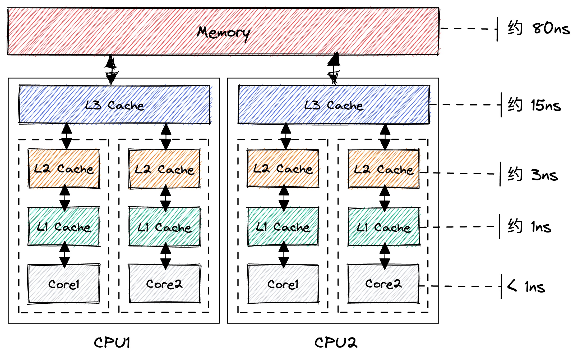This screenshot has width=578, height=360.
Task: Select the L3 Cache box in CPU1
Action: coord(114,105)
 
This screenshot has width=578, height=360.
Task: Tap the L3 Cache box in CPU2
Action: coord(334,105)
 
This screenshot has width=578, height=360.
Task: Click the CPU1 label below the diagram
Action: coord(112,343)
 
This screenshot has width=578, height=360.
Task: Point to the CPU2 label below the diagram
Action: coord(336,343)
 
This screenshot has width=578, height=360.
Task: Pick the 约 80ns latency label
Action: coord(539,28)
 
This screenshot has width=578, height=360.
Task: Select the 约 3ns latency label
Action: coord(533,175)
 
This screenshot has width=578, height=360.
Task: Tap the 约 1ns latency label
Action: coord(530,227)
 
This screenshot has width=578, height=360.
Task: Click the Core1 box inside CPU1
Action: coord(64,284)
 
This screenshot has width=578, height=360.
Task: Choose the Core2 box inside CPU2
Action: coord(383,284)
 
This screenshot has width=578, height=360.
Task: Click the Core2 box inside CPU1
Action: coord(164,284)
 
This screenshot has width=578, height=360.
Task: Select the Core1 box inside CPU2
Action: coord(283,284)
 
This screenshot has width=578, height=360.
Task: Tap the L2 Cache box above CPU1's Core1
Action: coord(64,169)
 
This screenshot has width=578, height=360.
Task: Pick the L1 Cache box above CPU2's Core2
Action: coord(384,227)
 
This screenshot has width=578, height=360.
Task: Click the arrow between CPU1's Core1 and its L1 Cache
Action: coord(64,254)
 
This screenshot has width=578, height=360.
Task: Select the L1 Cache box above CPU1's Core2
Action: coord(164,227)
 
